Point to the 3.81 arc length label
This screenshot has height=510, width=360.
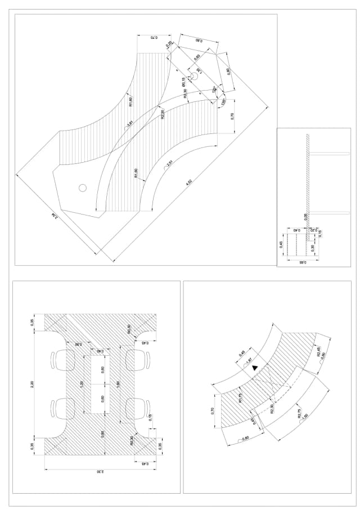click(130, 123)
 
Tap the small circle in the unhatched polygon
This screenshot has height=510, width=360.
click(83, 187)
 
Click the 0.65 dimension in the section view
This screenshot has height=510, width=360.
click(301, 262)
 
